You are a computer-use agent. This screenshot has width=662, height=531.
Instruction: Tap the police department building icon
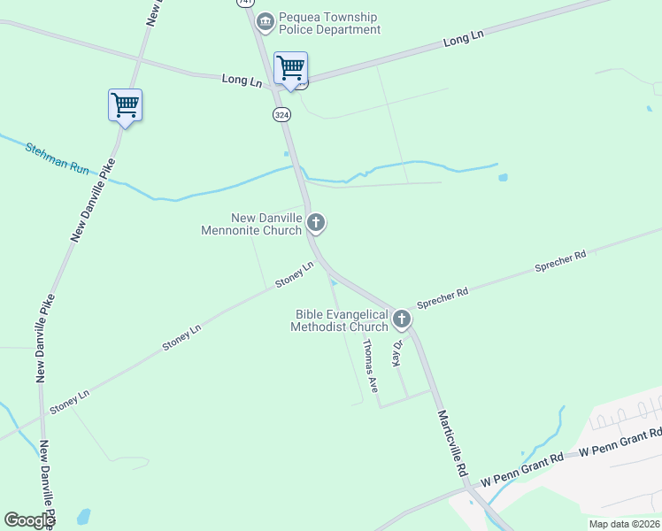[x=265, y=20]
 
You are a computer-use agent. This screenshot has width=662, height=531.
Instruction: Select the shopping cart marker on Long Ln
[x=290, y=67]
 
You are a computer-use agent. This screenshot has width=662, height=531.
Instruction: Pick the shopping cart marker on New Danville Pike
[x=125, y=105]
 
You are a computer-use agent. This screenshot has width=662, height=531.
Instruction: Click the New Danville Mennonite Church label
[x=266, y=224]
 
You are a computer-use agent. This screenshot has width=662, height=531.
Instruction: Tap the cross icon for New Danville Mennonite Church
[x=316, y=223]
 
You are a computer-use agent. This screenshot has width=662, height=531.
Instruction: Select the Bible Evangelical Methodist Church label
[x=342, y=320]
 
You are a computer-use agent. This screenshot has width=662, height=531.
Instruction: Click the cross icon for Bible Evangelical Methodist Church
[x=402, y=319]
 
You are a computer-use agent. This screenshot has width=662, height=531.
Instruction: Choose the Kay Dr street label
[x=398, y=353]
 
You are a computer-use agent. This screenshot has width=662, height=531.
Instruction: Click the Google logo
[x=28, y=520]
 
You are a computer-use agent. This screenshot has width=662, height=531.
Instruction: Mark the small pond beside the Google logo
[x=83, y=516]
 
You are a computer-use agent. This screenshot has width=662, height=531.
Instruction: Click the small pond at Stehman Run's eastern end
[x=503, y=177]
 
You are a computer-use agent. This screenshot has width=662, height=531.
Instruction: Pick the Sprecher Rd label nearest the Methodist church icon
[x=443, y=295]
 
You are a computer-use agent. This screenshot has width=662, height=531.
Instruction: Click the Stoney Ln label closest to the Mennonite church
[x=295, y=273]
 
